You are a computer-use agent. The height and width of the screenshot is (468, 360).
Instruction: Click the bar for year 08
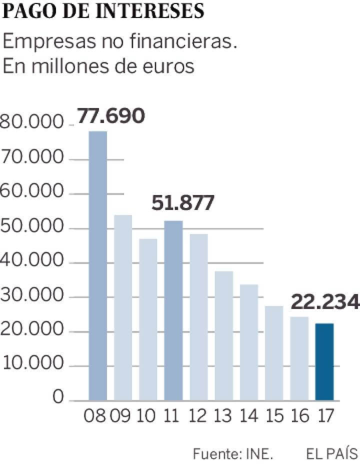click(x=98, y=265)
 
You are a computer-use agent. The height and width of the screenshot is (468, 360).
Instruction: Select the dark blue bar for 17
click(x=325, y=361)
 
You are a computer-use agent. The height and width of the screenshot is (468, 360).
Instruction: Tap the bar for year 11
click(x=173, y=310)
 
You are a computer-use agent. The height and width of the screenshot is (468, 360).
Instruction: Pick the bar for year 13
click(x=224, y=335)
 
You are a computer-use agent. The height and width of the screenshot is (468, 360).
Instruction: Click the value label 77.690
click(x=110, y=116)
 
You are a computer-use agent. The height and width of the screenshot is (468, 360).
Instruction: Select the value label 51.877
click(x=182, y=203)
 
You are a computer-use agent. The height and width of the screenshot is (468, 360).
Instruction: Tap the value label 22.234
click(x=324, y=302)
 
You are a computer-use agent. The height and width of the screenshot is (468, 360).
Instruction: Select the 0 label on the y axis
click(x=58, y=398)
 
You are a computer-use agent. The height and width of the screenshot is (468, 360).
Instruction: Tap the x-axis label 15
click(x=274, y=416)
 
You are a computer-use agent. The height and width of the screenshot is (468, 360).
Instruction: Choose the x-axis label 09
click(x=123, y=416)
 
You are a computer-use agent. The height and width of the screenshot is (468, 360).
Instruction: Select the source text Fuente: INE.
click(x=233, y=453)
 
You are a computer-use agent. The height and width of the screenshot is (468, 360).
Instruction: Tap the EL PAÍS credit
click(x=332, y=453)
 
